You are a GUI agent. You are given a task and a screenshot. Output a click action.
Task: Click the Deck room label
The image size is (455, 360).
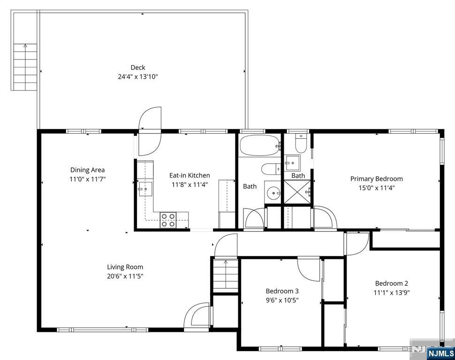[138, 67]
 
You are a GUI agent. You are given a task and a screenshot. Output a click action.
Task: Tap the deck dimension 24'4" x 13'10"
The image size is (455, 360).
[138, 77]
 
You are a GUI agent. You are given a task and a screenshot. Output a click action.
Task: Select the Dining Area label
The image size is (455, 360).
[87, 170]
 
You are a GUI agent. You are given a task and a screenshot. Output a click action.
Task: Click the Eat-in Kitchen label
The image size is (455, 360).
[190, 175]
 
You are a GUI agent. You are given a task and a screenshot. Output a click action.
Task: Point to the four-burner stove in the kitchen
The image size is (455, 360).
[168, 220]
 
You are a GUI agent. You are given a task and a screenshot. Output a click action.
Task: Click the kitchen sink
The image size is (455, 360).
[145, 189]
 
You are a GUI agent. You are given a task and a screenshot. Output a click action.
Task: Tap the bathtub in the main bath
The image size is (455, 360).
[259, 145]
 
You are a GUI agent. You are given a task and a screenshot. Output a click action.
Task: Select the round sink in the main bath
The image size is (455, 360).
[273, 192]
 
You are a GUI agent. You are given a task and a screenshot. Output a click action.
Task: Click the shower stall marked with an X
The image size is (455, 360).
[297, 192]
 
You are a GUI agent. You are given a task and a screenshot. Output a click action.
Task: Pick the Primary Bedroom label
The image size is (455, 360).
[376, 179]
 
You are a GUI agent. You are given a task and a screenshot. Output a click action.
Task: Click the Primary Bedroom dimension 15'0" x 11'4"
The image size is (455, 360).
[376, 188]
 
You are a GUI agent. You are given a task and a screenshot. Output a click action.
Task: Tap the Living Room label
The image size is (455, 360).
[125, 267]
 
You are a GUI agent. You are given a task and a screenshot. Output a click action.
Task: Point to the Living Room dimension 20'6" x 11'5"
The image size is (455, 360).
[125, 276]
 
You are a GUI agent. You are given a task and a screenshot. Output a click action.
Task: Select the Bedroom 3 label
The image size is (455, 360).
[282, 291]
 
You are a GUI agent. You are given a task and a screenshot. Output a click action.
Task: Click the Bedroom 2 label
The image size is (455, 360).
[392, 284]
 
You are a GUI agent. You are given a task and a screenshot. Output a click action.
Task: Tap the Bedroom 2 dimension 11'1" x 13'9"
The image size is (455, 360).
[392, 292]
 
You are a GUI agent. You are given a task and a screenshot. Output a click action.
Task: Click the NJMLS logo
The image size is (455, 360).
[440, 353]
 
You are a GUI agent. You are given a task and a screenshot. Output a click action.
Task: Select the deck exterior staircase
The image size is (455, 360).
[25, 67]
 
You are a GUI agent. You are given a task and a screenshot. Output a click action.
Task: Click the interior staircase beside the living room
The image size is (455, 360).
[226, 276]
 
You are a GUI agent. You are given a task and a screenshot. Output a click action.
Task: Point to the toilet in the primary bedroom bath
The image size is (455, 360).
[301, 143]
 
